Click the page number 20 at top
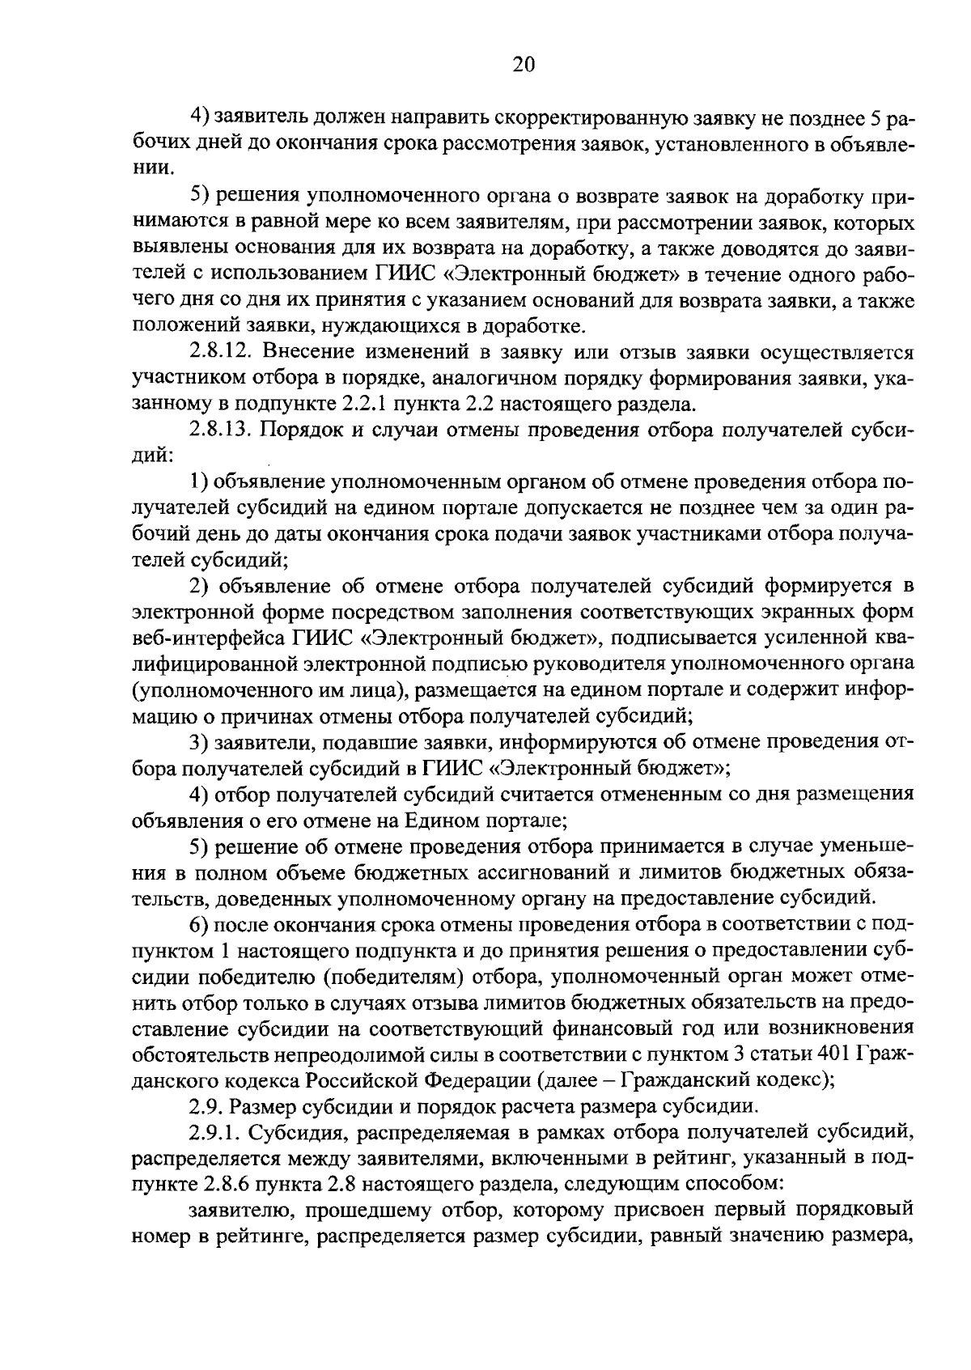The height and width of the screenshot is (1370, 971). [524, 65]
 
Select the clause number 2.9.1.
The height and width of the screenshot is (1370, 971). [212, 1130]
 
